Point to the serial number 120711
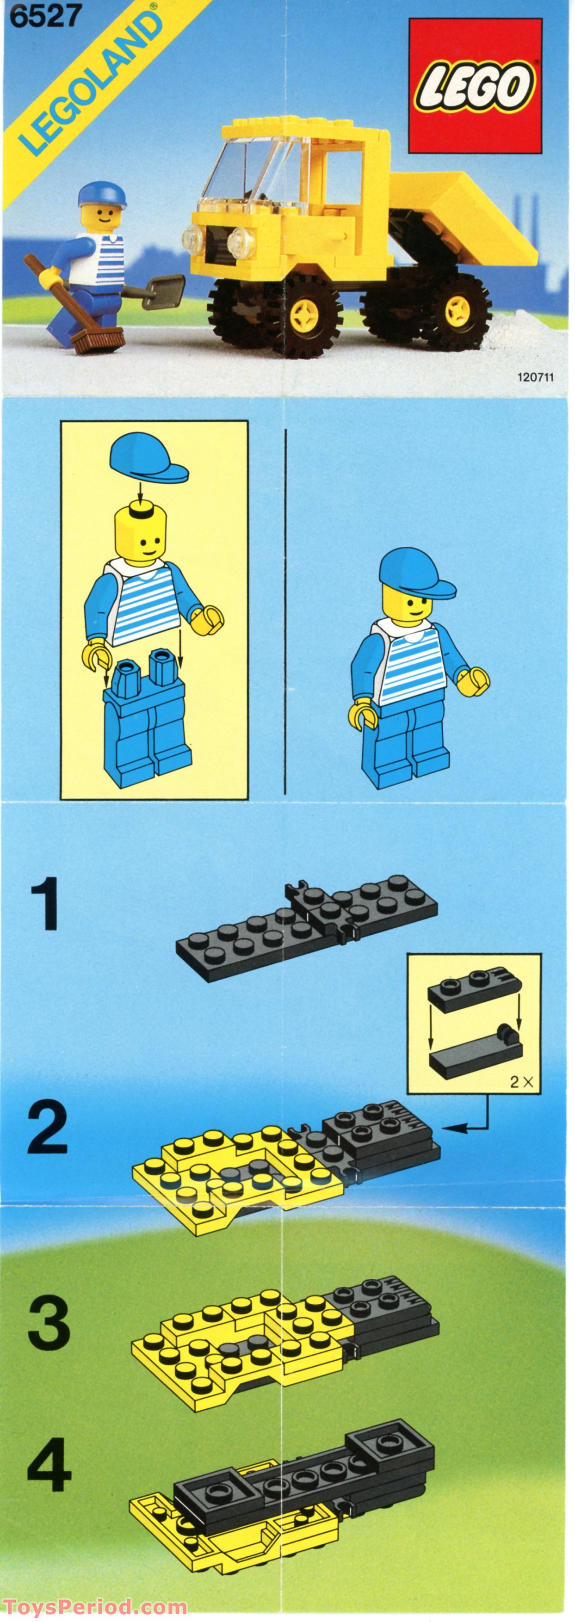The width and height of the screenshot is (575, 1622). click(535, 378)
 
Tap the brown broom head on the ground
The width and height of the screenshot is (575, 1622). click(98, 341)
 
